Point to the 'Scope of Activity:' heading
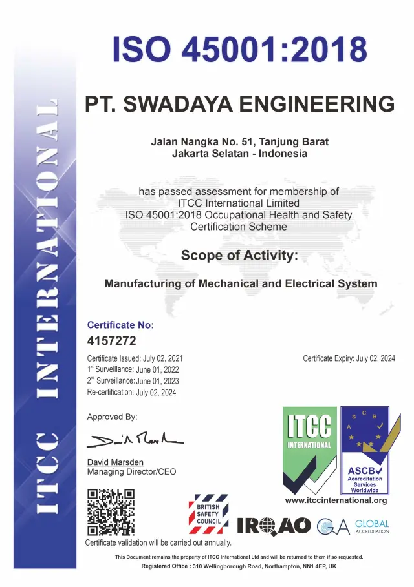pyautogui.click(x=239, y=255)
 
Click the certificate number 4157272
pyautogui.click(x=111, y=341)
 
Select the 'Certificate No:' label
pyautogui.click(x=120, y=325)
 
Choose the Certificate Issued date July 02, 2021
pyautogui.click(x=163, y=358)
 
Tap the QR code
pyautogui.click(x=111, y=512)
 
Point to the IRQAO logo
pyautogui.click(x=274, y=526)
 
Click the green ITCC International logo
pyautogui.click(x=309, y=450)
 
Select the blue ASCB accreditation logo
pyautogui.click(x=365, y=450)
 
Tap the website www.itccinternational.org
pyautogui.click(x=336, y=500)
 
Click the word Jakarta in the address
pyautogui.click(x=191, y=154)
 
